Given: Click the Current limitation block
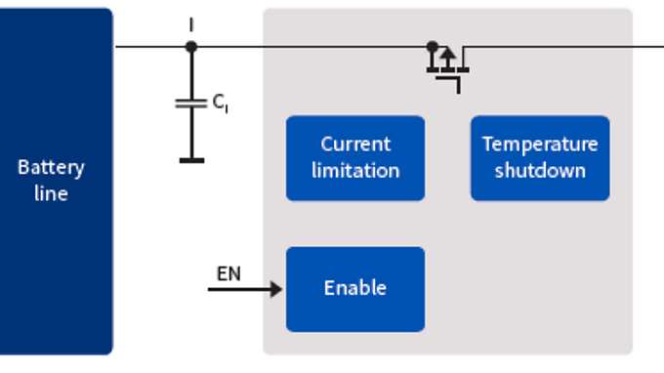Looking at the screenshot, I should point(354,158).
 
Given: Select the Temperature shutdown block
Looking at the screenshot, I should point(539,158).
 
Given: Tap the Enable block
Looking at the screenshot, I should point(354,289).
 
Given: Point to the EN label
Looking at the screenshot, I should point(228,273).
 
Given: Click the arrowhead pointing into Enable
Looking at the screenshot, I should point(277,289).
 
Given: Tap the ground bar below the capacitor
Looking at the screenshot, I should point(191,159).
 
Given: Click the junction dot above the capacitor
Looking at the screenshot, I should point(191,46).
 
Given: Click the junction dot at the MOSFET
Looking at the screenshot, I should point(432,46).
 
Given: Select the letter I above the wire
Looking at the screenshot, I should point(191,21).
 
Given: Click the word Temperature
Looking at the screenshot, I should point(539,145).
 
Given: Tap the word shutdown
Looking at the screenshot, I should point(539,170).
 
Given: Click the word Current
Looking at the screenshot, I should point(354,145).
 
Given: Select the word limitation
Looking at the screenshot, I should point(354,170).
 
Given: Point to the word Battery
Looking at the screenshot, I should point(51,167).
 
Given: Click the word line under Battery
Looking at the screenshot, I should point(51,193).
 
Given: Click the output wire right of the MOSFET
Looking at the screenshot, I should point(566,46).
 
